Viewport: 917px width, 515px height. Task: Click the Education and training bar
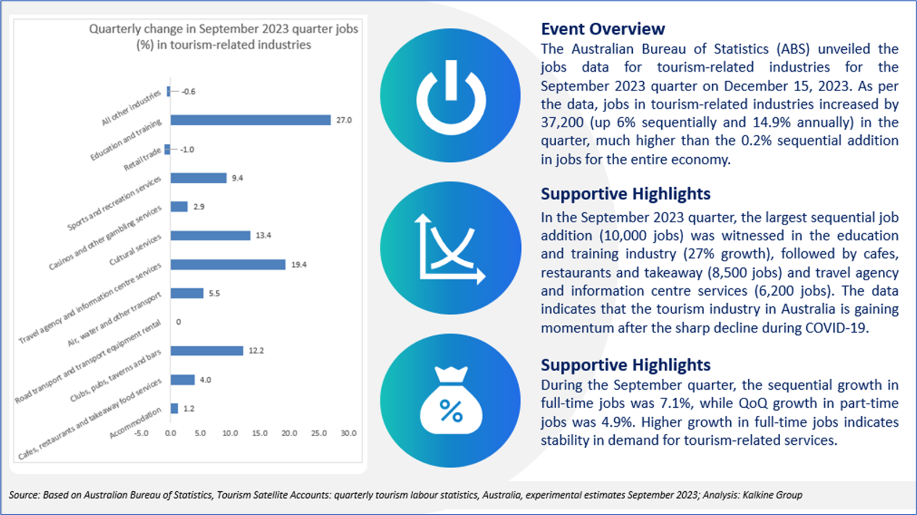point(250,120)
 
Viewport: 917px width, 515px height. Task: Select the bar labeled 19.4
point(227,264)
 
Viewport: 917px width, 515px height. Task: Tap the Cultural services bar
point(210,235)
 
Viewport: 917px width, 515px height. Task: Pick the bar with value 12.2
point(206,351)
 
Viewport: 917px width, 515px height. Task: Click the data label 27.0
point(344,120)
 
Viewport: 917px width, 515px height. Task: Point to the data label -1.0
point(187,150)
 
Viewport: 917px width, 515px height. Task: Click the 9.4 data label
point(237,178)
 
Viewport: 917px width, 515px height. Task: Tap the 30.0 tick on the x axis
point(348,433)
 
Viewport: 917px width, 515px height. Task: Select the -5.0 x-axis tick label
point(141,433)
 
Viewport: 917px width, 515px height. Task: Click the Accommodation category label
point(136,423)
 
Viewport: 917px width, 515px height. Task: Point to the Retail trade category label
point(142,159)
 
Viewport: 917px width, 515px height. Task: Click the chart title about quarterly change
point(223,37)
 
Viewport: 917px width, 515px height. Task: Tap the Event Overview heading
point(603,29)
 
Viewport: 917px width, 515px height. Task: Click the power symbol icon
point(451,96)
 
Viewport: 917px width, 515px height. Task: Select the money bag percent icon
point(451,401)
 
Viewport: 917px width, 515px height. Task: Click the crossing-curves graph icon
point(451,248)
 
